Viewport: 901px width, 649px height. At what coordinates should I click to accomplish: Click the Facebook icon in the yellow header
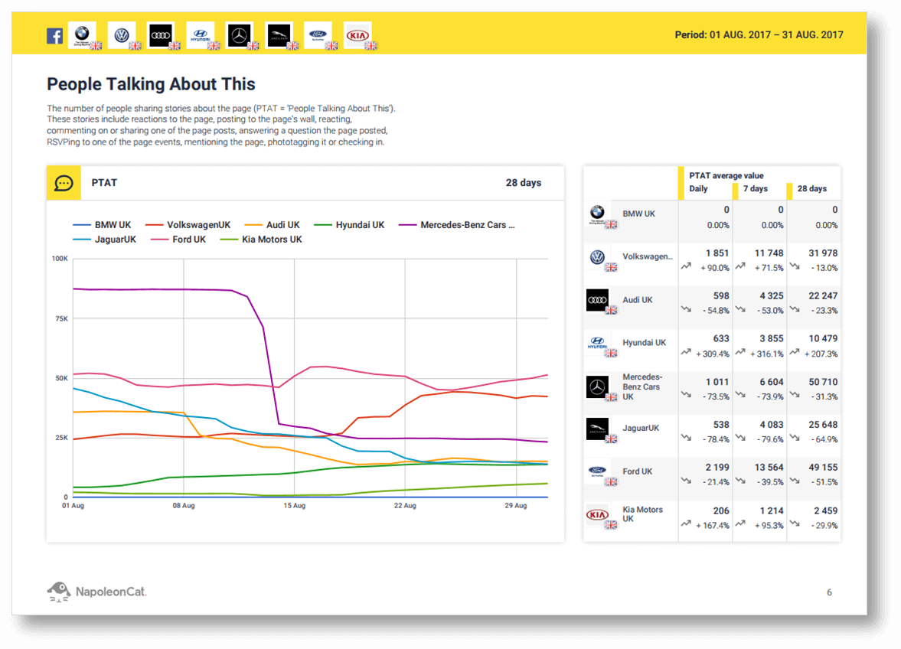coord(54,36)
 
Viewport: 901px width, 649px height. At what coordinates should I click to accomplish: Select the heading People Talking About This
coord(151,84)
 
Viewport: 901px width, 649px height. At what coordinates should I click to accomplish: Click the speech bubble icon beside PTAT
coord(64,184)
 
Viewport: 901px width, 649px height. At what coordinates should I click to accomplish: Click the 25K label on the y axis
coord(60,438)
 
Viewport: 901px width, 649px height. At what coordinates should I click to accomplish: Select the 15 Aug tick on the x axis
coord(294,506)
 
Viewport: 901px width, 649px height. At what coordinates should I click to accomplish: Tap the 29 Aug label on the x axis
coord(515,506)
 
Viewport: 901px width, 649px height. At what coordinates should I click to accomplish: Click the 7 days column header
coord(755,189)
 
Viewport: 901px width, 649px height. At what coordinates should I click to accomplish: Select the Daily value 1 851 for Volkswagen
coord(717,253)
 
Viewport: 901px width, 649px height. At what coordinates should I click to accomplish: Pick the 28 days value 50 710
coord(823,382)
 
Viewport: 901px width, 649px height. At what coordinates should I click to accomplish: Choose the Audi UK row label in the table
coord(637,300)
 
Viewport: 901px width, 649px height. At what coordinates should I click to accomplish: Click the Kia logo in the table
coord(597,515)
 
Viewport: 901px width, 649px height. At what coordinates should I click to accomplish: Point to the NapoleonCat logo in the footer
coord(96,591)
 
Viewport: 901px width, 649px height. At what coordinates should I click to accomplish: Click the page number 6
coord(829,592)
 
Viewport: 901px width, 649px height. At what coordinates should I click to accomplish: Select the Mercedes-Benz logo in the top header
coord(240,35)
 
